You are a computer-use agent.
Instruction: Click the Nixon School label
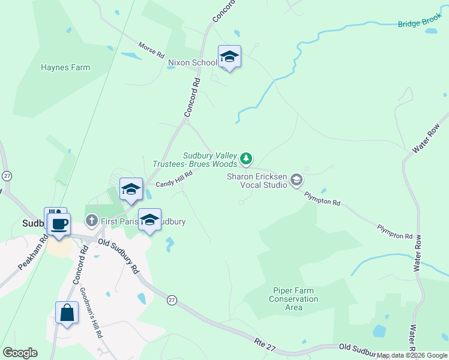193,62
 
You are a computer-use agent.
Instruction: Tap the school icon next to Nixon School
229,57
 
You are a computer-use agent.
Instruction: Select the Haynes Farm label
65,68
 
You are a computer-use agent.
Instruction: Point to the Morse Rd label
151,50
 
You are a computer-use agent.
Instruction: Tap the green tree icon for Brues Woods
245,159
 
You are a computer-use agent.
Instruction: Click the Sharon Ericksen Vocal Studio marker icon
296,180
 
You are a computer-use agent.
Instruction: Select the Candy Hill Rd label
174,179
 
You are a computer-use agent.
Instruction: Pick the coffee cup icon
59,225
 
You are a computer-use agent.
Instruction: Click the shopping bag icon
67,313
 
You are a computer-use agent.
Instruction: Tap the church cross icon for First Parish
91,221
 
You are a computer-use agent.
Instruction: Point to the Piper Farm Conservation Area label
294,299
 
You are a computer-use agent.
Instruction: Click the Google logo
20,353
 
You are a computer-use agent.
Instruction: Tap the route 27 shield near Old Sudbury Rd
172,299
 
